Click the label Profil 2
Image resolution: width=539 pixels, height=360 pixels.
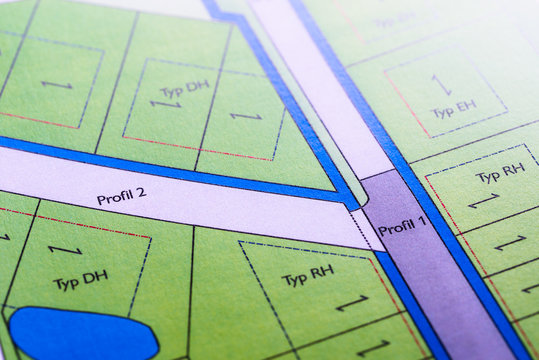[x=121, y=196]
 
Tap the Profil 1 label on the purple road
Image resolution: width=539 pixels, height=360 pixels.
[x=402, y=227]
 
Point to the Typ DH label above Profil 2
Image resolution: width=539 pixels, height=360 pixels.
[x=185, y=89]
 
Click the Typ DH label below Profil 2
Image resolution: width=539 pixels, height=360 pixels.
[x=80, y=278]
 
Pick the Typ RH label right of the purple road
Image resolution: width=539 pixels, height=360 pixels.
[x=500, y=173]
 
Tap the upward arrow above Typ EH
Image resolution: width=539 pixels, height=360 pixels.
[x=441, y=84]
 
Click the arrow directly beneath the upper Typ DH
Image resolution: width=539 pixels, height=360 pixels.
[x=166, y=104]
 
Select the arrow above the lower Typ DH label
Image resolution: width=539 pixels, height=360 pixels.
[x=65, y=249]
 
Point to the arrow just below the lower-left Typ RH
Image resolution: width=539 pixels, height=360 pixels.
[x=351, y=302]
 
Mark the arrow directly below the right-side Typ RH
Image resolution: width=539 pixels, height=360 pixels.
[x=484, y=201]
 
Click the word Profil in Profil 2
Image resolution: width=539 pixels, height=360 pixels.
[x=114, y=197]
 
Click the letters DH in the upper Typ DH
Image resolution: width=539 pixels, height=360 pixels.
[x=198, y=86]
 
